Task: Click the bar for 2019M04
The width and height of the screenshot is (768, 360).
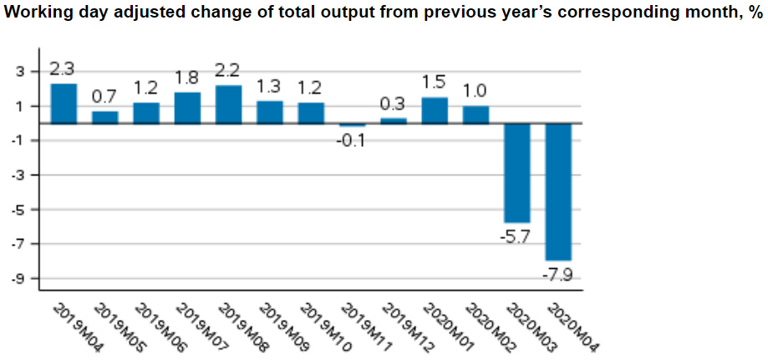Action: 64,104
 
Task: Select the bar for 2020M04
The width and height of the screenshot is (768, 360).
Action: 558,191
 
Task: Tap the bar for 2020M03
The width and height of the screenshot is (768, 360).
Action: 517,172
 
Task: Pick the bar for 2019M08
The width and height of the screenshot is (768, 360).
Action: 228,104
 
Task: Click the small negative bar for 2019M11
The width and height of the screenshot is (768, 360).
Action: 352,124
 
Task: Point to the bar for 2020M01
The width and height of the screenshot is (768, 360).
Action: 435,110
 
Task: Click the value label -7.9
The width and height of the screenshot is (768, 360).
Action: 558,274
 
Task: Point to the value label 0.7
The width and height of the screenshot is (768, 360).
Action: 104,98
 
